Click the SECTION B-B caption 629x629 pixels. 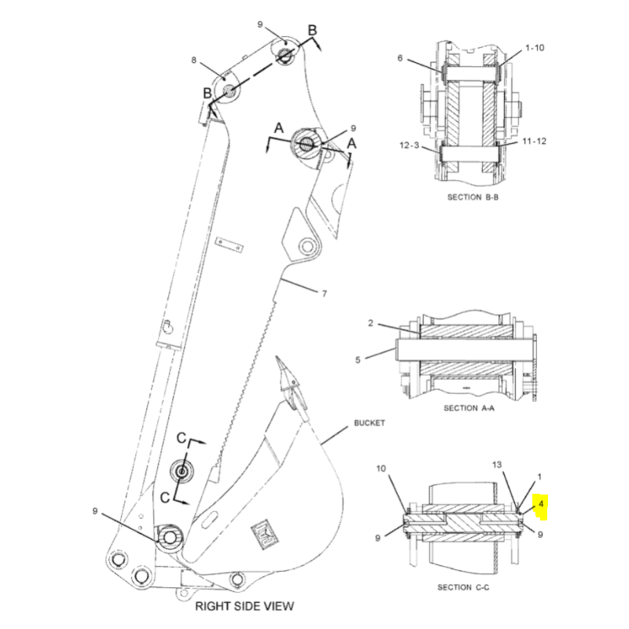pos(473,197)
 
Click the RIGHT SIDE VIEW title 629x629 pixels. pos(245,605)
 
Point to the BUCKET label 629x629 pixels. pos(369,423)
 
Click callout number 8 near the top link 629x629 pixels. pos(193,60)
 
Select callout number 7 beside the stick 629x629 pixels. pos(322,293)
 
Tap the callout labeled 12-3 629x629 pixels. pos(409,146)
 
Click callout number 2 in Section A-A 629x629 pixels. pos(370,323)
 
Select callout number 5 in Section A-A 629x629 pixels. pos(358,360)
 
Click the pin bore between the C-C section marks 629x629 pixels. pos(182,473)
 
